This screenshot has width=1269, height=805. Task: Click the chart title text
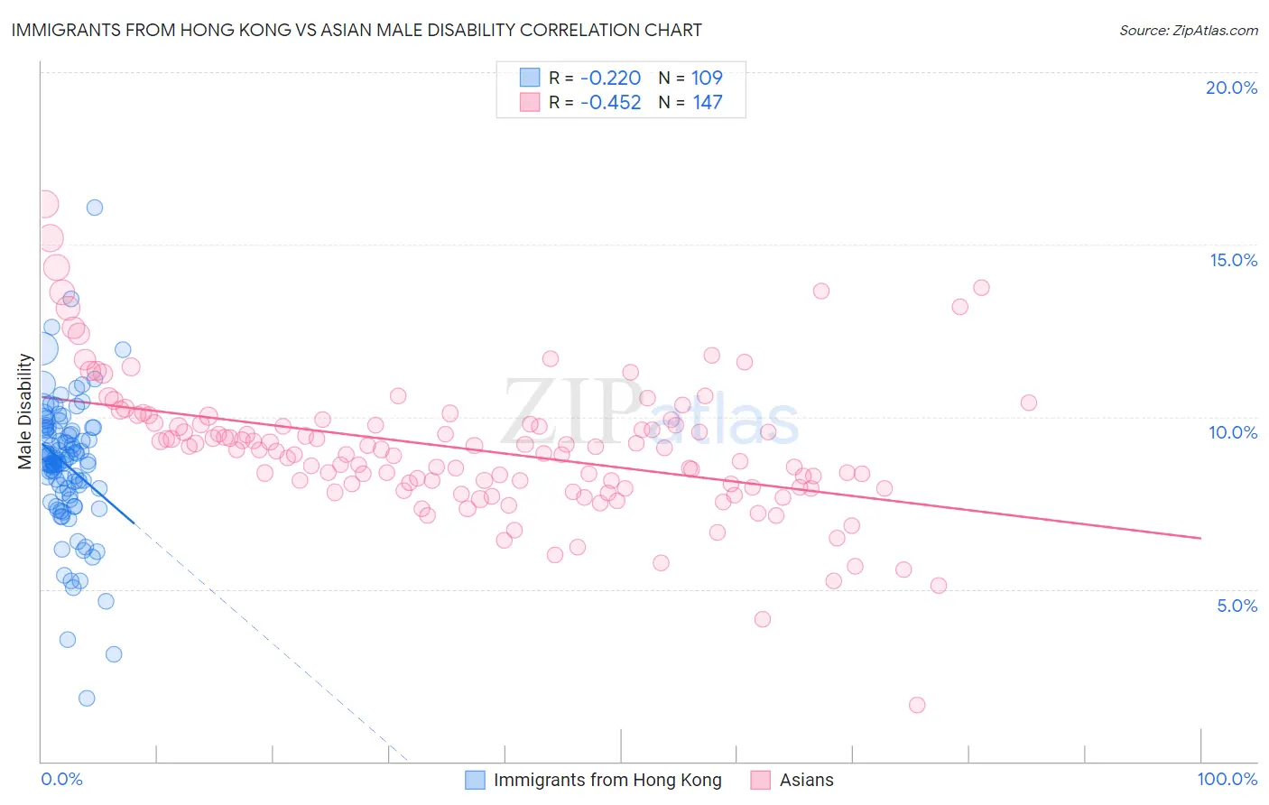(356, 31)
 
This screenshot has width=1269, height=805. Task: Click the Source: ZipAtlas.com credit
(1188, 31)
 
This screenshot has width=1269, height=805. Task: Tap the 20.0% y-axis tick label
(1231, 88)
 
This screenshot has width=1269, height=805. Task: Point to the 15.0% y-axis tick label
(1233, 260)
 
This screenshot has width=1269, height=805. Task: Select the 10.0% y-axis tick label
(1233, 432)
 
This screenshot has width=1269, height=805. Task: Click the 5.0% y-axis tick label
(1237, 606)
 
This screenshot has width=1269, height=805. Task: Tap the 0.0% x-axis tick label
(61, 779)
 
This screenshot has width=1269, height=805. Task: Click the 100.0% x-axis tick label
(1227, 779)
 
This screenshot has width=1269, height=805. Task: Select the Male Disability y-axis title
(25, 411)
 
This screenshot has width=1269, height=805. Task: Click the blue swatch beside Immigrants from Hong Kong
(476, 780)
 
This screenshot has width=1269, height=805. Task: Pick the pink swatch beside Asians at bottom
(761, 780)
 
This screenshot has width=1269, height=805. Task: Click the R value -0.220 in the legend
(610, 79)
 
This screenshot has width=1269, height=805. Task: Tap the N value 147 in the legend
(707, 103)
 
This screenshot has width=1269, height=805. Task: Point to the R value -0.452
(610, 103)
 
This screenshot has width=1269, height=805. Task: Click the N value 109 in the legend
(707, 79)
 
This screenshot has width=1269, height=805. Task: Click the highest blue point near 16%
(95, 208)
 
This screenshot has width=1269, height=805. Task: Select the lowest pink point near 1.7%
(917, 705)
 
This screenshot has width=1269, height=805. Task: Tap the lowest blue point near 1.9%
(87, 698)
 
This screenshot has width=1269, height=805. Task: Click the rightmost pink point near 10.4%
(1028, 402)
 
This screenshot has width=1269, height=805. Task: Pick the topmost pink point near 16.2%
(45, 205)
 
